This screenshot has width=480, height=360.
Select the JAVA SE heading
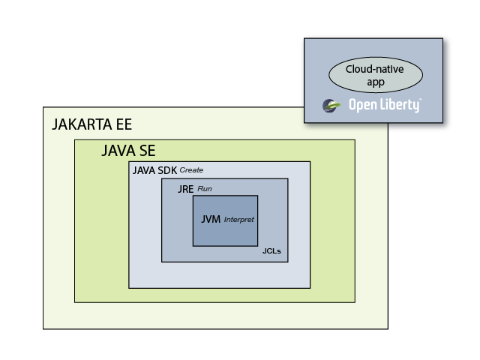coord(128,151)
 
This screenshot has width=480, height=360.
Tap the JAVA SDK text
coord(154,170)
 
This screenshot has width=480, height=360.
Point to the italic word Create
coord(191,170)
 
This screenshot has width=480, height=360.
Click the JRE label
coord(185,188)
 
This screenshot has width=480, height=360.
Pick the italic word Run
coord(204,188)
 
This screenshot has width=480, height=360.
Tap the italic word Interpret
coord(239,220)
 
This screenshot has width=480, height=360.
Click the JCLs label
coord(271,251)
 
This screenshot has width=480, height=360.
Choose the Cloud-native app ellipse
coord(375,75)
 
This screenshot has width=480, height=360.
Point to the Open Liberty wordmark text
coord(383,106)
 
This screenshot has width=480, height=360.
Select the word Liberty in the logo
coord(398,106)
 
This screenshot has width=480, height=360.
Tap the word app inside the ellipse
coord(375,82)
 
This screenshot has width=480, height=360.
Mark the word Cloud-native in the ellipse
coord(375,70)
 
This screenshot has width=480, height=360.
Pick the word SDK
coord(166,170)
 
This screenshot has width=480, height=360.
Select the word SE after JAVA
coord(146,151)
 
